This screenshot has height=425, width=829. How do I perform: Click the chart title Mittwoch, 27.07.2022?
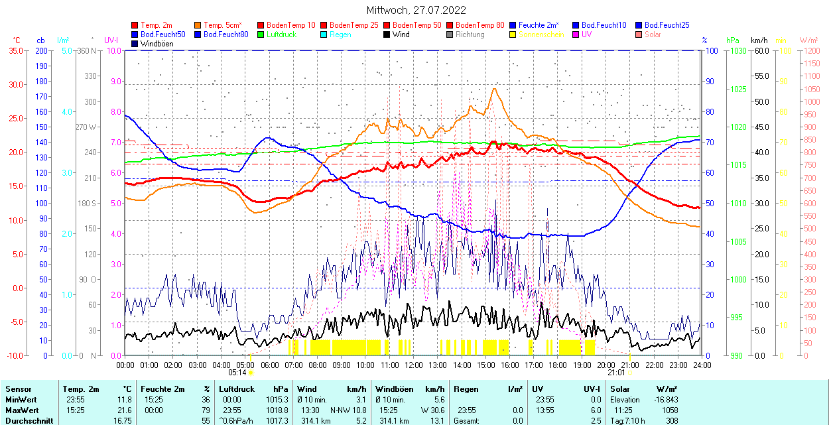[x=416, y=10]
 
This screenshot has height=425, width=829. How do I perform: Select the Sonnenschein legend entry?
[x=541, y=34]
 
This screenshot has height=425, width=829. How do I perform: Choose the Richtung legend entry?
[x=470, y=34]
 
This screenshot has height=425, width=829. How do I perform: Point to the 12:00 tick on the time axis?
[x=414, y=365]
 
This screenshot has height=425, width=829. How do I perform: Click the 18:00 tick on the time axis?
[x=558, y=365]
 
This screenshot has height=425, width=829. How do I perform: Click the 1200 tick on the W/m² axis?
[x=811, y=50]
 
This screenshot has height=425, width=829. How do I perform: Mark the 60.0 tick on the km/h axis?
[x=760, y=50]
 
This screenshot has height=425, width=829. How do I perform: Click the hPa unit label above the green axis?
[x=733, y=40]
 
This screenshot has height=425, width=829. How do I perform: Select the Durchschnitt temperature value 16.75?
[x=122, y=420]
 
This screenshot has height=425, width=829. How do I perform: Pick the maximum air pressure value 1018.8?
[x=277, y=410]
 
